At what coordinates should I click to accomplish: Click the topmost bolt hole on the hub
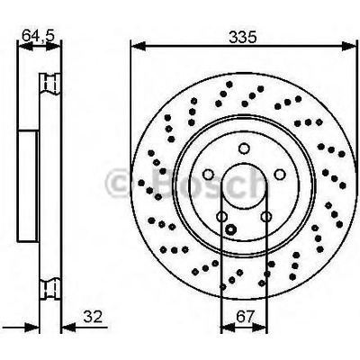[242, 150]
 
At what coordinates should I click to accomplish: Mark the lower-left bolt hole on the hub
[220, 216]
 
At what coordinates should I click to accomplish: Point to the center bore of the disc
[242, 187]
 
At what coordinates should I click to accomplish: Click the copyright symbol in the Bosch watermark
[120, 185]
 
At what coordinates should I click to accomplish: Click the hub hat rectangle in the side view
[27, 187]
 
